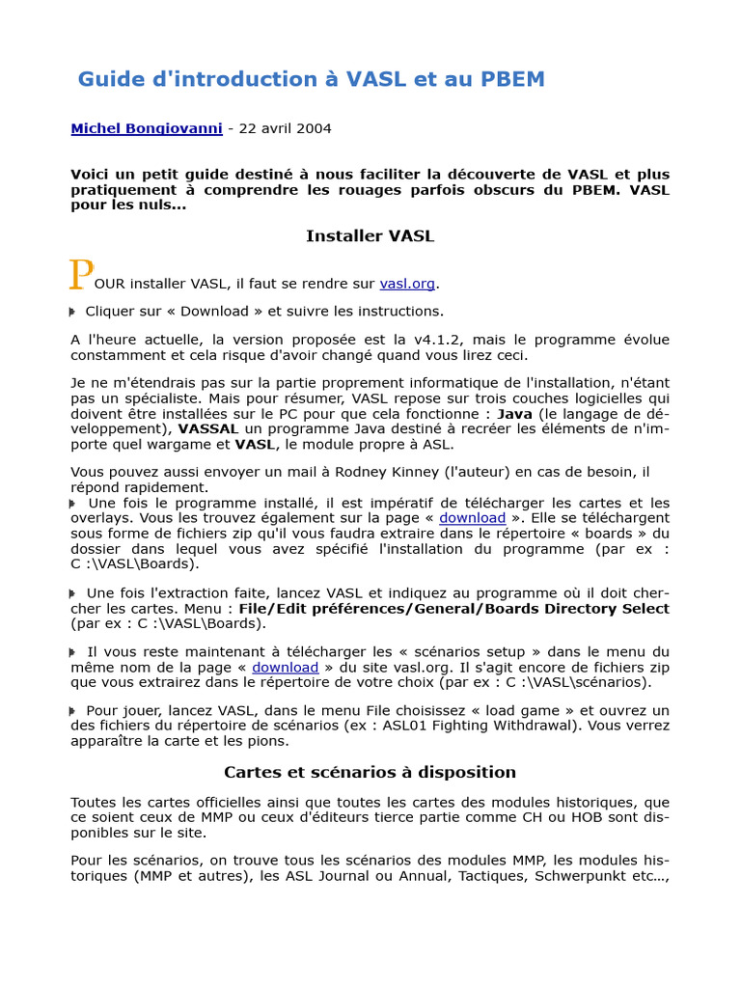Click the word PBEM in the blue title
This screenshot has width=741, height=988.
513,79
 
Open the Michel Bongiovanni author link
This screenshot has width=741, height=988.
146,128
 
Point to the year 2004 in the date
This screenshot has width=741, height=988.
314,128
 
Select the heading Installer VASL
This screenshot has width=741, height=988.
370,235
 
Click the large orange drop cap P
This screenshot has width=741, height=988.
80,275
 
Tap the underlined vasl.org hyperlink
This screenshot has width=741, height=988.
407,284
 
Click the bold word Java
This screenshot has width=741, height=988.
514,414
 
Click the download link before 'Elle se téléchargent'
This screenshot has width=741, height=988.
472,518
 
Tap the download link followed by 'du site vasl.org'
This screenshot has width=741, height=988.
285,668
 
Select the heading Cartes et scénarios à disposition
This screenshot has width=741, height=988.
370,772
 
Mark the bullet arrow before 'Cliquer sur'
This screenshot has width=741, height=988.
72,312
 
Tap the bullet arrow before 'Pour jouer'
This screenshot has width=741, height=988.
72,711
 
